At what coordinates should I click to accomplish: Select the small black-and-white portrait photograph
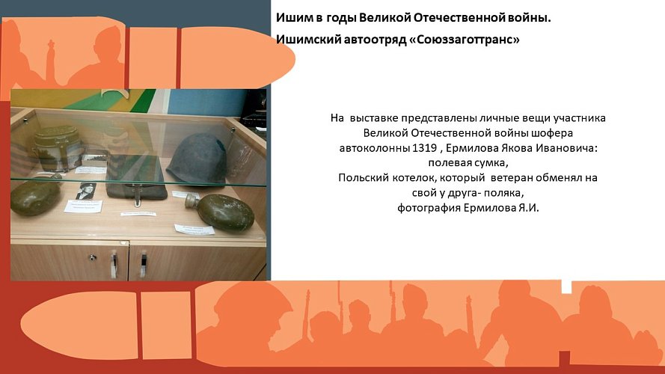(85, 191)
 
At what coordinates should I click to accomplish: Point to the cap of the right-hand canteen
(191, 202)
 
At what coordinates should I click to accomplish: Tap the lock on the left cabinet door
(93, 256)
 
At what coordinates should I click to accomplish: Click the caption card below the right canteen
(194, 229)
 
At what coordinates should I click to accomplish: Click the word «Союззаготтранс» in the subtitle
(466, 39)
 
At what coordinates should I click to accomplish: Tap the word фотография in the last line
(428, 208)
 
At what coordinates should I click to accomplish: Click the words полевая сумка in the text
(468, 163)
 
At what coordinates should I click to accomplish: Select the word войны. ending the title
(532, 16)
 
